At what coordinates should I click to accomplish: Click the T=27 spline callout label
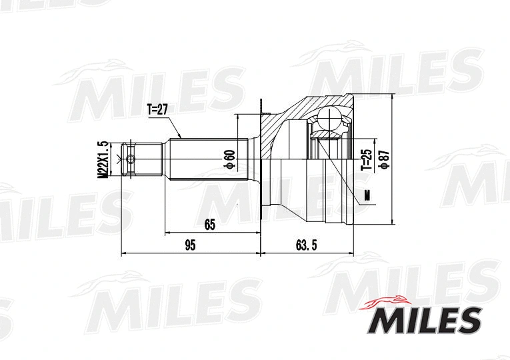[157, 109]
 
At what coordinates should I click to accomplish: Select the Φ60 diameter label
[229, 159]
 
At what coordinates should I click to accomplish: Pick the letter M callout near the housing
[367, 195]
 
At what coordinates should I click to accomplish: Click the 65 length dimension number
[210, 225]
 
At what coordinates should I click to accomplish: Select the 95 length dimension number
[189, 245]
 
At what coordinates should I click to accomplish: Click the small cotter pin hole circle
[130, 159]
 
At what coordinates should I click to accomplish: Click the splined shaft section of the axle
[207, 159]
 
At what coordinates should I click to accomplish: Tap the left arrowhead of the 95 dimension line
[124, 254]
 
